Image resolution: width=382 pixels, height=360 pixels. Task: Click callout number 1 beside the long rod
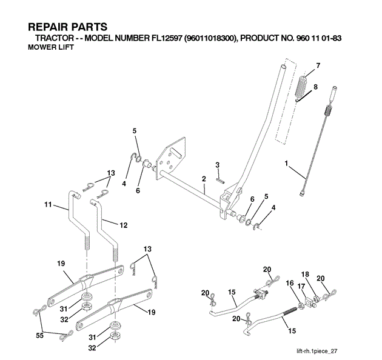(287, 163)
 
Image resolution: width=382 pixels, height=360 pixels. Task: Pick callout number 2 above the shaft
(204, 179)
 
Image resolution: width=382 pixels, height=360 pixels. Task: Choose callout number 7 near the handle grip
(317, 65)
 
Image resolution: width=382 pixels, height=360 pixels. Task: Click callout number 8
(315, 87)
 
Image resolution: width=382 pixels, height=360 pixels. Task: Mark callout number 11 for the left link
(47, 205)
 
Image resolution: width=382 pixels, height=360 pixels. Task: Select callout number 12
(123, 225)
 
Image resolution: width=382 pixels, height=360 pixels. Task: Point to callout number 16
(289, 283)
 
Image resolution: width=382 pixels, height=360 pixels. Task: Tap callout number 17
(300, 286)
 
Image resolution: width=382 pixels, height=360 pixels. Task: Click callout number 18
(306, 275)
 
